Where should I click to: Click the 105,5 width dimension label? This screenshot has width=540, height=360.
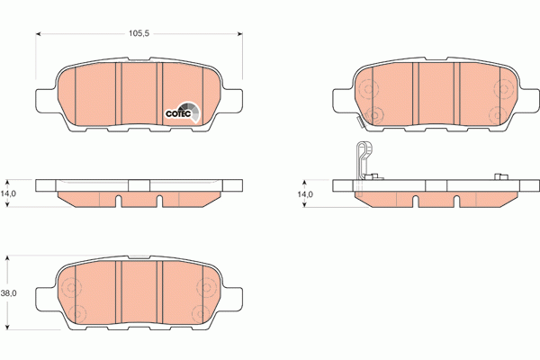138,33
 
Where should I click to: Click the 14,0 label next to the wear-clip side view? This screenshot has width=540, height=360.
306,193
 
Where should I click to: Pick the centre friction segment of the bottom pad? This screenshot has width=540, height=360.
139,295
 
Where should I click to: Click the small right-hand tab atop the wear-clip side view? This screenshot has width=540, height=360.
498,175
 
